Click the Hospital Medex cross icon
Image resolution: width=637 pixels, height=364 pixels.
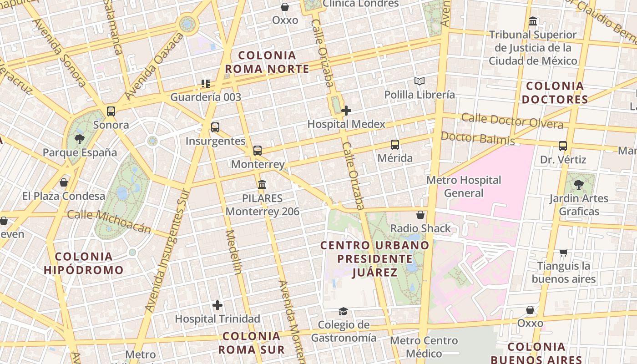point(346,110)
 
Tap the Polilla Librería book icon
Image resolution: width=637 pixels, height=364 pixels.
point(420,81)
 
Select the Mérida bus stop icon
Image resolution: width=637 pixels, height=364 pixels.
point(395,145)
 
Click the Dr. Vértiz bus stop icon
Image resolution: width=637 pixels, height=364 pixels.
point(563,146)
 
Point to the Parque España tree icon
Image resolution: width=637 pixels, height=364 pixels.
point(80,139)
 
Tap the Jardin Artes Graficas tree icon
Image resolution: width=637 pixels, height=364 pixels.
point(578,184)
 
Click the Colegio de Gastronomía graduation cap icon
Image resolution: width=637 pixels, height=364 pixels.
point(343,311)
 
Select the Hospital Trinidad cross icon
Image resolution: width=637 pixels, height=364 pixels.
point(217,305)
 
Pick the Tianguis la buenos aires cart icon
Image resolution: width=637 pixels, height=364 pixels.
point(564,253)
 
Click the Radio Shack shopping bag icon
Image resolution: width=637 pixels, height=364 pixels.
point(421,215)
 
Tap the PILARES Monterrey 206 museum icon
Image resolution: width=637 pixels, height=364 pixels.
point(262,184)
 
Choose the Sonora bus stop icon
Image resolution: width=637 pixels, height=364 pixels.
point(111,111)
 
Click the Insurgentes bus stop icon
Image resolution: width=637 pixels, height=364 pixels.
point(215,127)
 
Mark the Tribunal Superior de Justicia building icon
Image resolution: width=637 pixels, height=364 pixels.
point(533,21)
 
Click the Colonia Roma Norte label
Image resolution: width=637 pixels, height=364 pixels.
point(267,62)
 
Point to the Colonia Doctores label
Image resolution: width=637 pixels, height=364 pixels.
point(555,92)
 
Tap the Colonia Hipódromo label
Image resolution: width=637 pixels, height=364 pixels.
point(84,263)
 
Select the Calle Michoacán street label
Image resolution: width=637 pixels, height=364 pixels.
point(109,221)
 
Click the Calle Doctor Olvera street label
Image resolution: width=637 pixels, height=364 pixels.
point(512,121)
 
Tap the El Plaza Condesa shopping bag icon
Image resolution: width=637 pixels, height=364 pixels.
point(64,182)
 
